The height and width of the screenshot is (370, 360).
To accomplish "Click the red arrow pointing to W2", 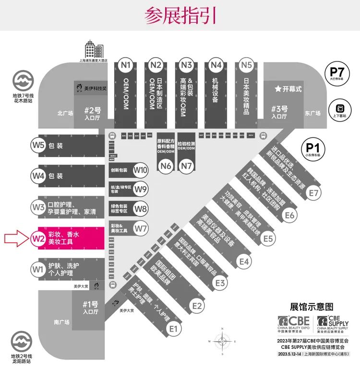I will click(x=16, y=238).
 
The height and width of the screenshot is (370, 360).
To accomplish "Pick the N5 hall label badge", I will click(x=246, y=64).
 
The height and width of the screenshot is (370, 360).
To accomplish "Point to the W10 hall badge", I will click(x=141, y=170).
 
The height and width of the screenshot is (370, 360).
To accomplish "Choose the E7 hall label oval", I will click(x=314, y=193).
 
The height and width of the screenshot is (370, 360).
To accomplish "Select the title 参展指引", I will click(x=180, y=16).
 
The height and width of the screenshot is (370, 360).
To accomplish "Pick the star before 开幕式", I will click(x=277, y=89).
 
